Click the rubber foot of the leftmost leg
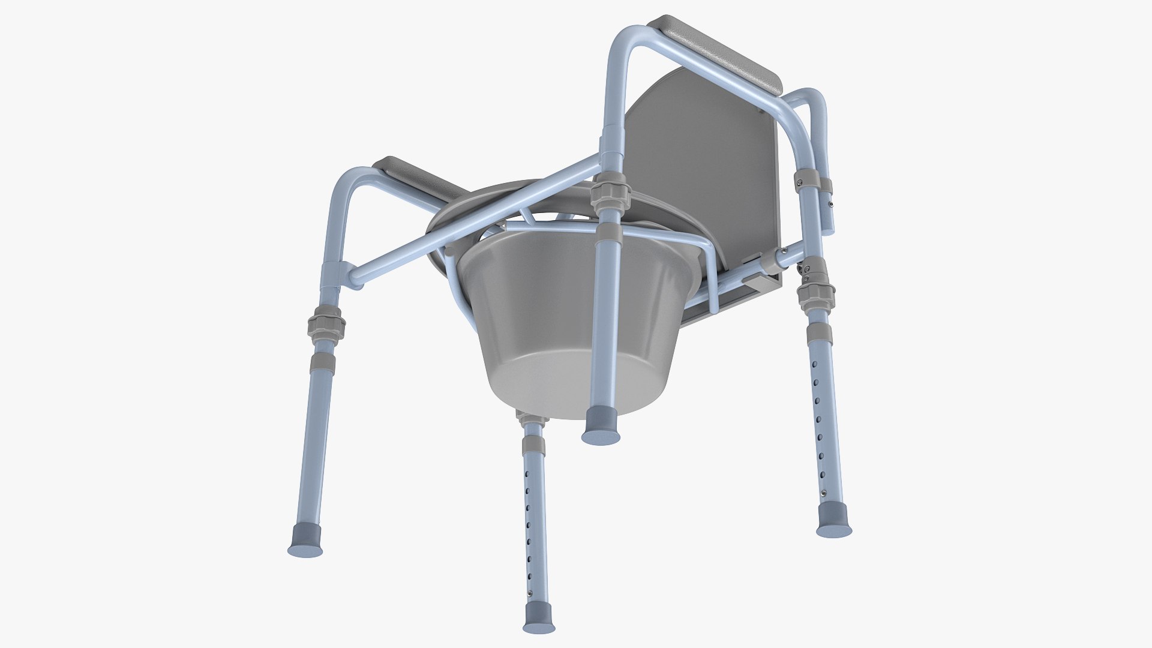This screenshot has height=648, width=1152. click(305, 540)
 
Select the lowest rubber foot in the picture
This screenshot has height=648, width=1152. click(538, 618)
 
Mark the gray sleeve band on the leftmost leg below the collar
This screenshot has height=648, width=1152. click(322, 361)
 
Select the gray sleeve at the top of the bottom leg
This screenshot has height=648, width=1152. click(533, 444)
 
